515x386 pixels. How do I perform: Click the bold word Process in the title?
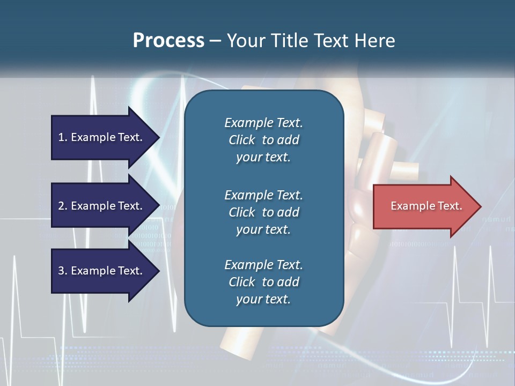tap(168, 40)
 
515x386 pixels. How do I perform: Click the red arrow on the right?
tap(424, 206)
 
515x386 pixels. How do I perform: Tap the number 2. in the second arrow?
tap(63, 206)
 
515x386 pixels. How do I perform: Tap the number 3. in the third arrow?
tap(63, 271)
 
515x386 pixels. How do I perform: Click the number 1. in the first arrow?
tap(63, 137)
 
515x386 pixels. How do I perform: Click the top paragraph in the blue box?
tap(263, 140)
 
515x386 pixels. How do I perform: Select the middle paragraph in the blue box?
tap(263, 212)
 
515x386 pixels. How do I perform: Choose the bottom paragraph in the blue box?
tap(263, 282)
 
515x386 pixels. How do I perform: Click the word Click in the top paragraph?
tap(242, 140)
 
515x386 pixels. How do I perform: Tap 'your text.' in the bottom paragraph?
tap(263, 299)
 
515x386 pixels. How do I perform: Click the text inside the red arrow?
tap(426, 206)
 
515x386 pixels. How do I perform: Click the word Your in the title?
tap(245, 40)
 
